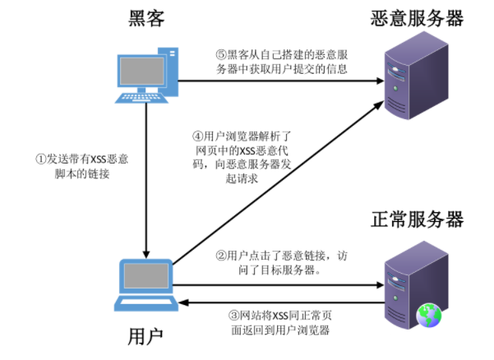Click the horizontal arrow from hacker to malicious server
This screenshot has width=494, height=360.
pos(279,81)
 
